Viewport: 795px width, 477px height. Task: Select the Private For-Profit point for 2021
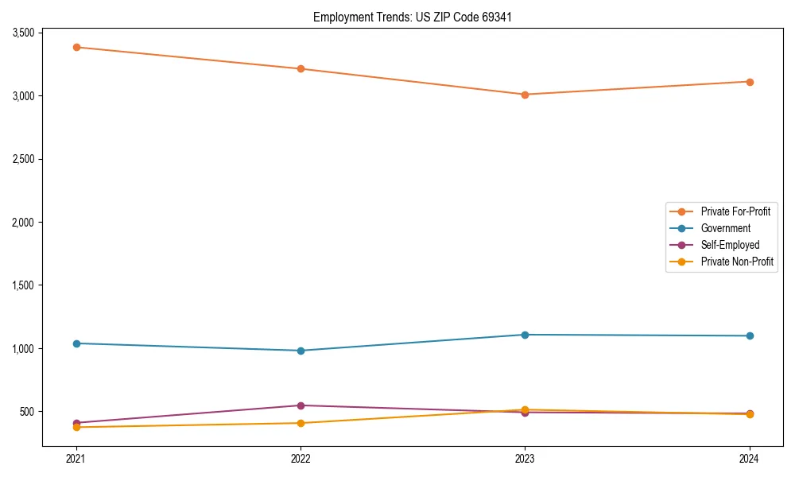click(76, 47)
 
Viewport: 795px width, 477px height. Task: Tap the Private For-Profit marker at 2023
click(525, 95)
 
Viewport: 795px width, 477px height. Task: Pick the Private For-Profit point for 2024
click(750, 82)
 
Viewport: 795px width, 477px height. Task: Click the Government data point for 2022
click(301, 351)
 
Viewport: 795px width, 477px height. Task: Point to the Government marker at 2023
click(525, 335)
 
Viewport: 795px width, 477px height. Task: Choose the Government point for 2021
click(76, 343)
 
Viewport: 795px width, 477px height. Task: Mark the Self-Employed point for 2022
click(301, 405)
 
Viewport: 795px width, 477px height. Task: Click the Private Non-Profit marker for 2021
click(76, 428)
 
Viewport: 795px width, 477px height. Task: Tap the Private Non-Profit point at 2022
click(301, 423)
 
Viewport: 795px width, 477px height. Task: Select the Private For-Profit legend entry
click(735, 211)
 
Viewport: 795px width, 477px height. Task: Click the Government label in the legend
click(725, 228)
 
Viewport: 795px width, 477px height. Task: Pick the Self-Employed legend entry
click(730, 245)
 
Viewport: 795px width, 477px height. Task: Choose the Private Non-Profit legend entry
click(737, 262)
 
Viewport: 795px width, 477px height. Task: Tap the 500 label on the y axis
click(28, 412)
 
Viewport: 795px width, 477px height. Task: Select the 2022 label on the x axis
click(301, 458)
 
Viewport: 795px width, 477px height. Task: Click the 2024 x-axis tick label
click(750, 458)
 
